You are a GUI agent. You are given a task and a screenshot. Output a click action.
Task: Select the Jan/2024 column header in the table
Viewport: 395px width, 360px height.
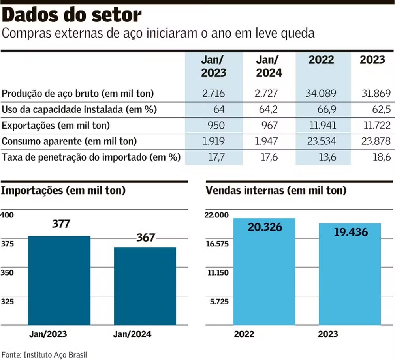[x=269, y=66]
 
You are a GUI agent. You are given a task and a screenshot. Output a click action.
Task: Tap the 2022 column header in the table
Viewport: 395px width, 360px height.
[x=321, y=60]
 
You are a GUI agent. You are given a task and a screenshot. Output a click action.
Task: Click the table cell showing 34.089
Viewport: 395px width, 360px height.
[x=321, y=94]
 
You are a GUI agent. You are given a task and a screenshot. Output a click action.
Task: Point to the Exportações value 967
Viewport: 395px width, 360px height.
[x=270, y=125]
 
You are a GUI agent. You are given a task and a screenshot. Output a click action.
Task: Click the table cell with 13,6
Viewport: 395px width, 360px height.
[x=327, y=157]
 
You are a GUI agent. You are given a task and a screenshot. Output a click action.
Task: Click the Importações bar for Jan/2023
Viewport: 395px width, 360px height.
[x=59, y=280]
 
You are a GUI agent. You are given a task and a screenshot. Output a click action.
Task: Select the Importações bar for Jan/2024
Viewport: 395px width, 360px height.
[x=145, y=286]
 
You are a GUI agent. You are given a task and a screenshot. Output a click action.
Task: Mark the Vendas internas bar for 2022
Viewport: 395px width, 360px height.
[x=264, y=276]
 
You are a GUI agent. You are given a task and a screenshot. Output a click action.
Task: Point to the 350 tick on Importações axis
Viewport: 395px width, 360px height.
[x=8, y=273]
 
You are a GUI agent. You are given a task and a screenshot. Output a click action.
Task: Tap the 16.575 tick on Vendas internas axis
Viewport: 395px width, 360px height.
[x=217, y=244]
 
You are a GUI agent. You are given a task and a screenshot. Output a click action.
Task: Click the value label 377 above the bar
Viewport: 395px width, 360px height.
[x=61, y=224]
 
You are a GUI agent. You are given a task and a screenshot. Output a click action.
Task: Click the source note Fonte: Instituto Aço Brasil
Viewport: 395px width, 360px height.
[x=44, y=354]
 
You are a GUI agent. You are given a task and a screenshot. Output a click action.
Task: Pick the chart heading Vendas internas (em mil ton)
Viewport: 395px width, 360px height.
[x=276, y=191]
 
